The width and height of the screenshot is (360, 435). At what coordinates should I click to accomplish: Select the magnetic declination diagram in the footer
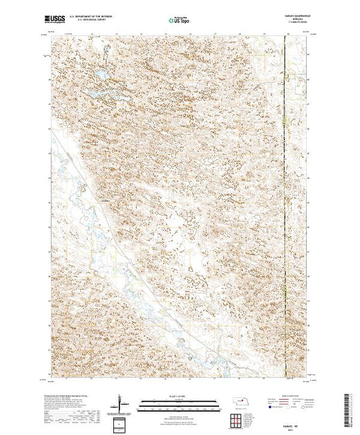coord(122,403)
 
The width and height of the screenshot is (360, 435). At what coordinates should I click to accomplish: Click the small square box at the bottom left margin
coord(122,423)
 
